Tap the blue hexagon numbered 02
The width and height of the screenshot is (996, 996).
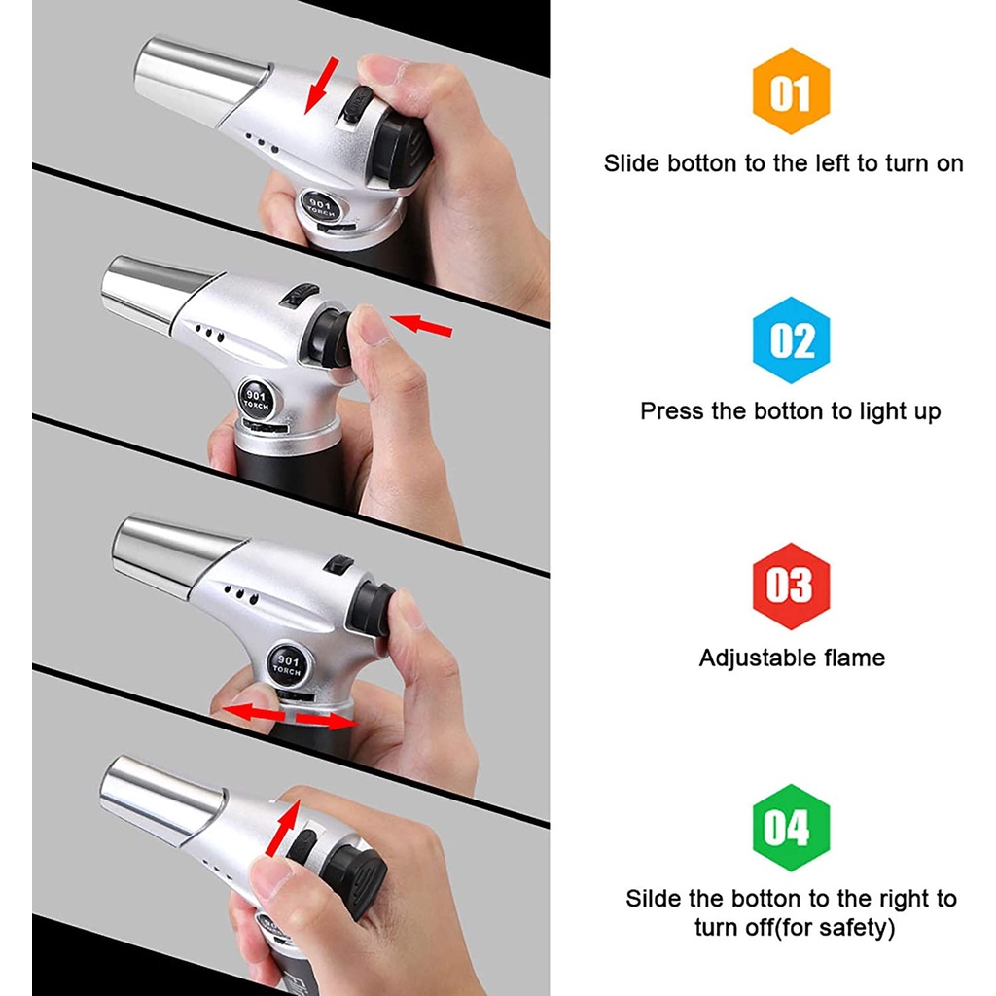[791, 340]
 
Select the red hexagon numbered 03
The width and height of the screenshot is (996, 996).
[791, 587]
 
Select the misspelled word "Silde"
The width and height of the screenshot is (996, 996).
[655, 899]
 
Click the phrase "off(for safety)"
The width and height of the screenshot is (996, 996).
[821, 927]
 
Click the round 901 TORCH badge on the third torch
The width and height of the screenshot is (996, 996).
[287, 662]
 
